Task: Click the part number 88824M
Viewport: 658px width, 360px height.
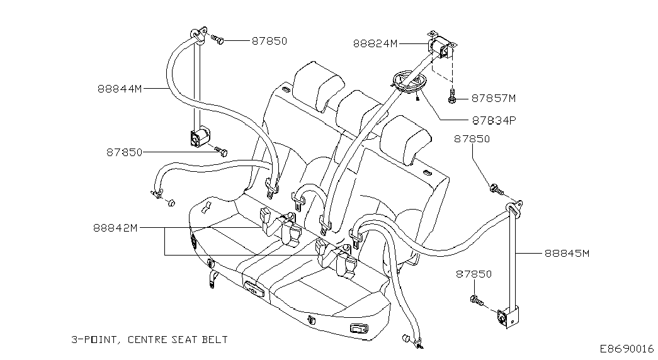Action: coord(375,43)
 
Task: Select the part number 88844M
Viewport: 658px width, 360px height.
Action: coord(120,89)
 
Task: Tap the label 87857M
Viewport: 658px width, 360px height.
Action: coord(494,98)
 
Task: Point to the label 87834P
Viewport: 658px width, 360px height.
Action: coord(494,120)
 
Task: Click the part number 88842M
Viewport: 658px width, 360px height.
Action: coord(115,228)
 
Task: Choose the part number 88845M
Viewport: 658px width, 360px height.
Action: coord(567,253)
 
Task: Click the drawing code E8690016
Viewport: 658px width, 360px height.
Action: coord(627,349)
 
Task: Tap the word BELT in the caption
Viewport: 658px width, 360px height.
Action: coord(215,339)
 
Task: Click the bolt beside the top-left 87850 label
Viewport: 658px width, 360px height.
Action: coord(217,40)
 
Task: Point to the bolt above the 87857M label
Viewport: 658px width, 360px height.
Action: coord(451,96)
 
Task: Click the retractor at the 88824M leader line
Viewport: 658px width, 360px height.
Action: coord(441,47)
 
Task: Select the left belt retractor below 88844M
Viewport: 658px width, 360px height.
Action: coord(200,137)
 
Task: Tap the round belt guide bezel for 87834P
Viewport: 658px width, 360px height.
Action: coord(407,84)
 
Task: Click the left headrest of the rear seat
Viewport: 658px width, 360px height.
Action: coord(318,87)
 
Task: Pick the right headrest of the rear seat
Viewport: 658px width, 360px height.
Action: coord(406,140)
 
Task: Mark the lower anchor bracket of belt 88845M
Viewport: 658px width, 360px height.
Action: coord(507,318)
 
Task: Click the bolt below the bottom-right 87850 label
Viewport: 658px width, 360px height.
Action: coord(477,300)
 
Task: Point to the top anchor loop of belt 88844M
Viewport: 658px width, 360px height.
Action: coord(198,35)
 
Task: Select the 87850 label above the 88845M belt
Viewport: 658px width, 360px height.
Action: coord(472,139)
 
